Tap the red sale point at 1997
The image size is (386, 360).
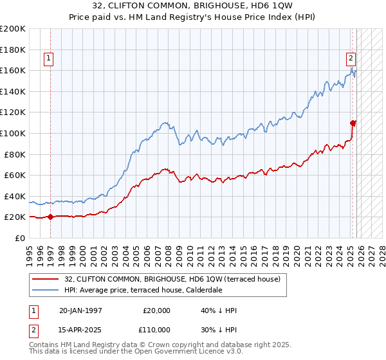[51, 217]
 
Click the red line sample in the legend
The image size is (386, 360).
[45, 280]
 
